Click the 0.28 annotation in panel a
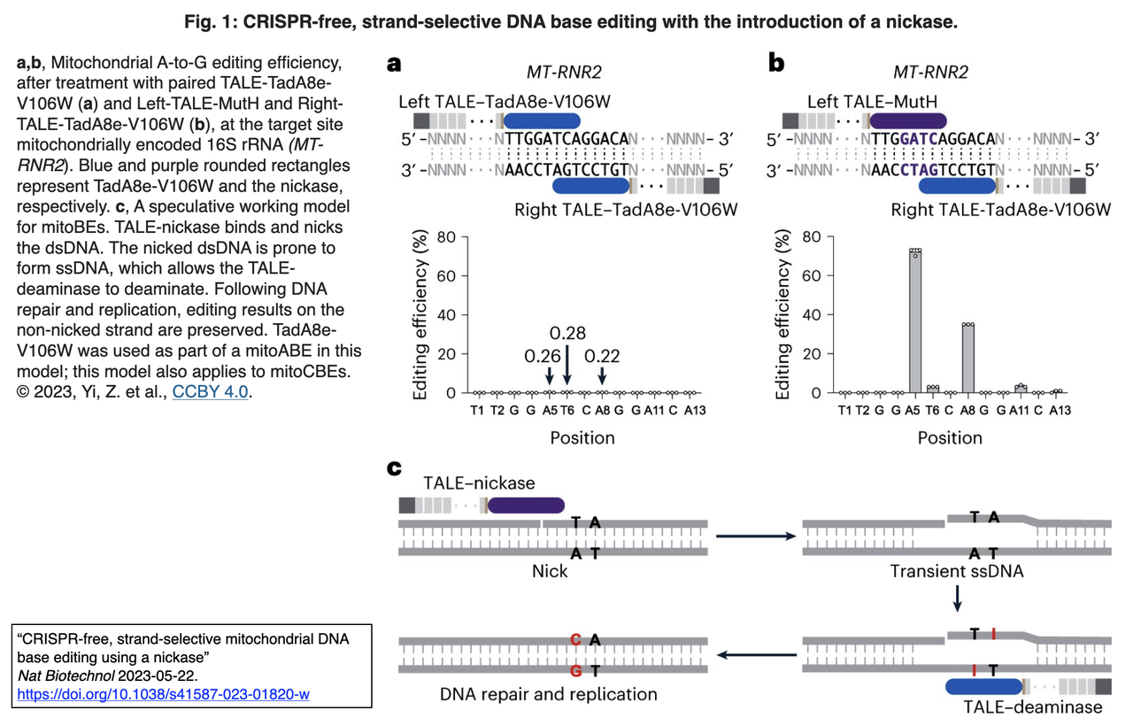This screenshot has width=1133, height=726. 567,333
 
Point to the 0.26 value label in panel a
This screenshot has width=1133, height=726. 542,355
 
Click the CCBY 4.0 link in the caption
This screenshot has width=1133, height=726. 210,391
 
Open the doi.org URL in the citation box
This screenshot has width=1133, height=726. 163,694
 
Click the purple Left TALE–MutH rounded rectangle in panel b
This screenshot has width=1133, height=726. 908,121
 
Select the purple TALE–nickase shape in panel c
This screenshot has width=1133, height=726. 527,505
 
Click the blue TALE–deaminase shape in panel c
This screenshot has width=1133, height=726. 983,686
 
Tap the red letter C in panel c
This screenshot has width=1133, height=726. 575,639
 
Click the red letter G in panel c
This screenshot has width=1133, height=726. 575,670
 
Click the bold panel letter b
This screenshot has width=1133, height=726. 776,64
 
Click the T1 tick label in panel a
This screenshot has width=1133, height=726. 478,410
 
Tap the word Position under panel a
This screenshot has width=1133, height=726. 582,437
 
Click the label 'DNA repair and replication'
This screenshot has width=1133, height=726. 549,693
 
